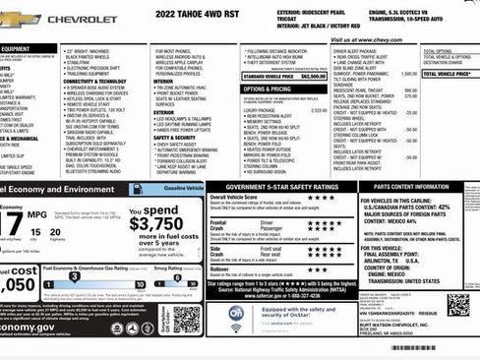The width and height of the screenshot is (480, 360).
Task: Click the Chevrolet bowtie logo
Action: (x=20, y=19)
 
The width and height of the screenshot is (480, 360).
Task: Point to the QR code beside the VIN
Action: (x=457, y=304)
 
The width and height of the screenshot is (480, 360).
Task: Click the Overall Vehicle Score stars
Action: (x=321, y=197)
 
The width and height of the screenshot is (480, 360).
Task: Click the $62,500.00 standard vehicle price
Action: (x=312, y=75)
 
